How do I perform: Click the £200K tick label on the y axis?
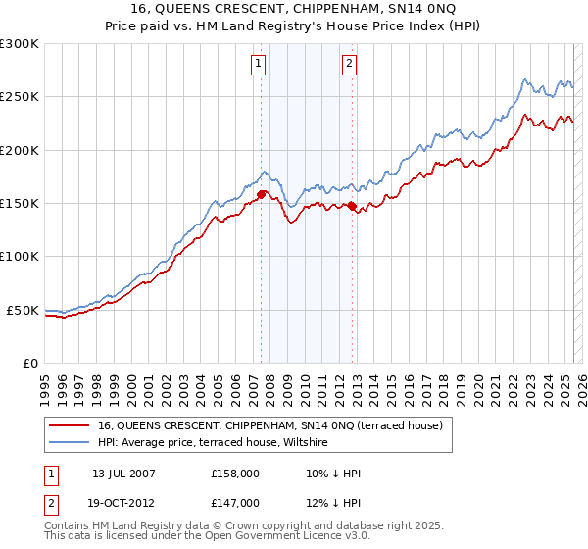pos(19,150)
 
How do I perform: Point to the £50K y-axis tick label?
pos(22,310)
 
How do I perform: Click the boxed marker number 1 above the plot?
pos(258,65)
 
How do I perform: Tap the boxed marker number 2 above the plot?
pos(349,65)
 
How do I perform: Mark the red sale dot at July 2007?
pos(262,195)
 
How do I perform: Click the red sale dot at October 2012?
pos(353,206)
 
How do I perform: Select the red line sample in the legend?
pos(70,425)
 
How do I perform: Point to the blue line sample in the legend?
pos(70,443)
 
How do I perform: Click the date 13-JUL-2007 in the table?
pos(123,474)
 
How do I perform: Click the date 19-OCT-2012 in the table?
pos(124,502)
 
